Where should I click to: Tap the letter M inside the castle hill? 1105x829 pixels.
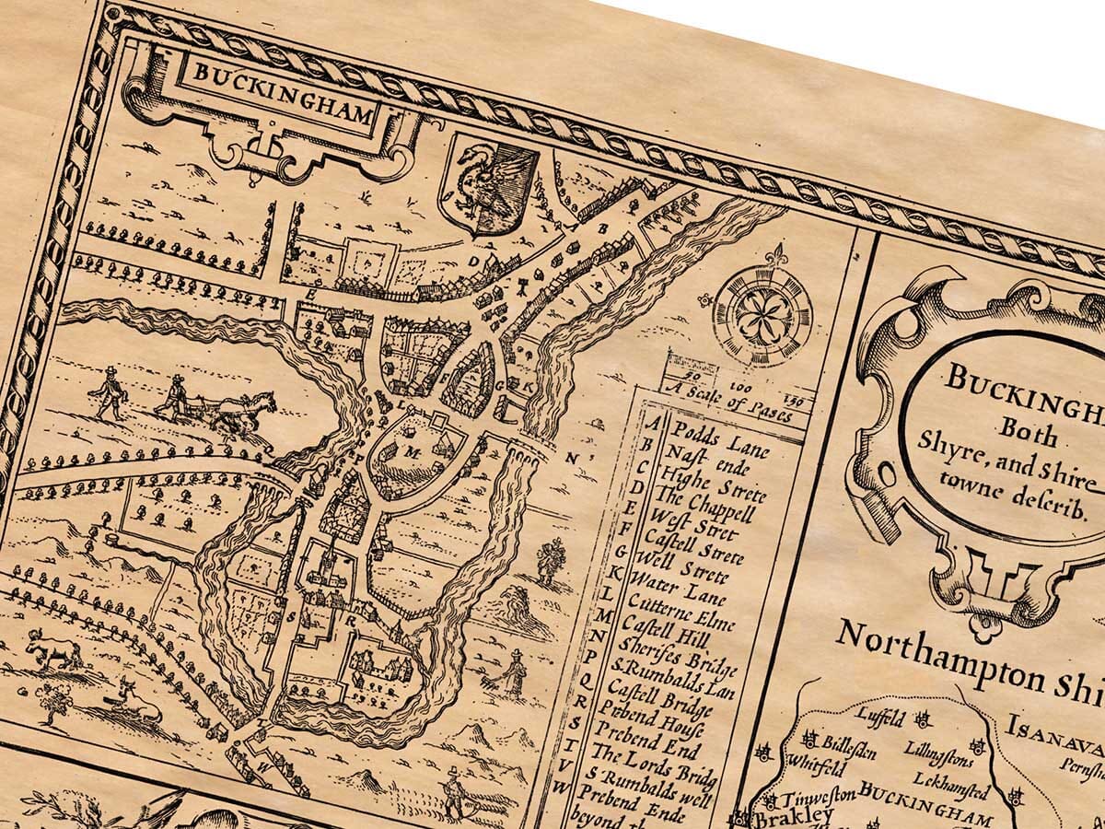[411, 452]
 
